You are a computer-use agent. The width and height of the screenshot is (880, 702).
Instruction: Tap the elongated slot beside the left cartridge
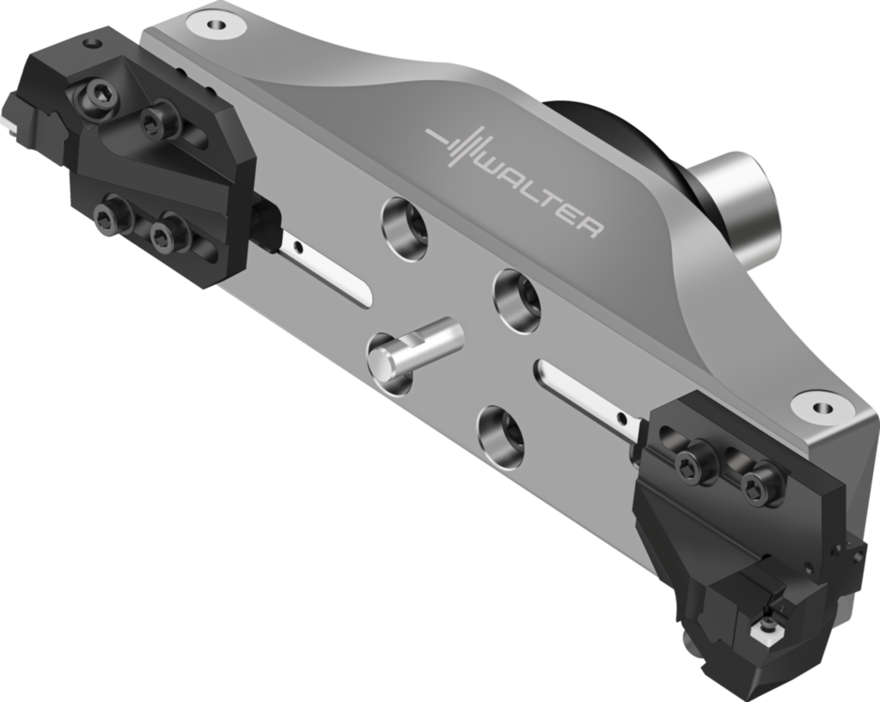[x=327, y=271]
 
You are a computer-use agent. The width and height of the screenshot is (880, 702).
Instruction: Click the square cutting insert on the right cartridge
[x=764, y=633]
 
